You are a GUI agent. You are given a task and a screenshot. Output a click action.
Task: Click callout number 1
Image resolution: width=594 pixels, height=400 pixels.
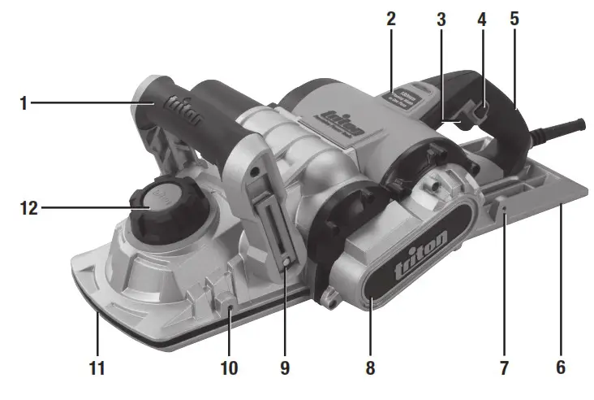25,103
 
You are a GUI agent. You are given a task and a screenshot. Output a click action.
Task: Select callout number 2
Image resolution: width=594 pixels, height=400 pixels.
390,18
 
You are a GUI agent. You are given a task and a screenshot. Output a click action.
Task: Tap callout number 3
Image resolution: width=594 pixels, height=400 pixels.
441,18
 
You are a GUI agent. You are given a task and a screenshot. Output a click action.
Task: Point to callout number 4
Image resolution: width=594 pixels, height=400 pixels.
481,18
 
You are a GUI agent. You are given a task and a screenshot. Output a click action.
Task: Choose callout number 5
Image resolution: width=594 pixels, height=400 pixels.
514,18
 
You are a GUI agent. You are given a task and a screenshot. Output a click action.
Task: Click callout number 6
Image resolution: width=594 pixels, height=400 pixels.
560,367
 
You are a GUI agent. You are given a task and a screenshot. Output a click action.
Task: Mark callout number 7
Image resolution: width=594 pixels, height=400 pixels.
504,367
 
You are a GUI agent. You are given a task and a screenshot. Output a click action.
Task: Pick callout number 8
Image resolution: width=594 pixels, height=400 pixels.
370,367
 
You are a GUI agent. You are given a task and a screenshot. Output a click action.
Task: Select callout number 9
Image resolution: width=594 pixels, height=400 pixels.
284,367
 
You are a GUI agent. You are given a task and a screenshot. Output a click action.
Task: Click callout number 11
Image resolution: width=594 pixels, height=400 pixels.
97,367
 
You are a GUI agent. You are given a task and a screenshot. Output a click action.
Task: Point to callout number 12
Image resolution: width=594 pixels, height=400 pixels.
29,207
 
